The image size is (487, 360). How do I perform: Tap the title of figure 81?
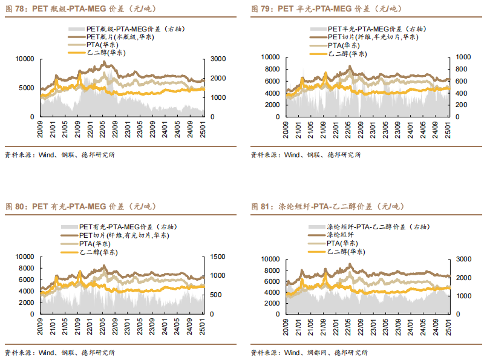pyautogui.click(x=327, y=206)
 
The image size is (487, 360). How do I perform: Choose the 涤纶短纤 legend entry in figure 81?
pyautogui.click(x=339, y=235)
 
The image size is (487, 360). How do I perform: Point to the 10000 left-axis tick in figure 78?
pyautogui.click(x=24, y=59)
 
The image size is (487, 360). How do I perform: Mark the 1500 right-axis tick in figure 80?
pyautogui.click(x=217, y=257)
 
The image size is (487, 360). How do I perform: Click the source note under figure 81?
pyautogui.click(x=309, y=353)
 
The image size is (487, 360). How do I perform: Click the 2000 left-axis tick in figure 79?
pyautogui.click(x=269, y=104)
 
